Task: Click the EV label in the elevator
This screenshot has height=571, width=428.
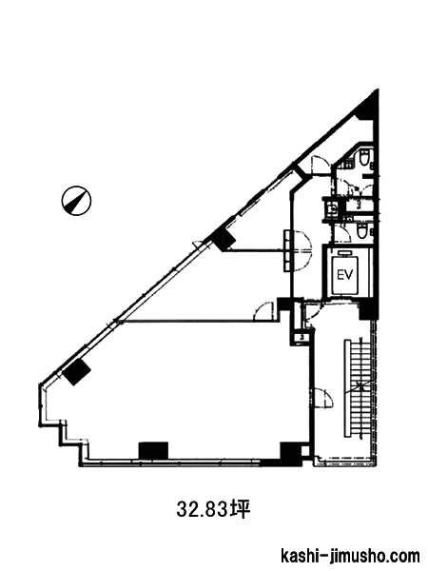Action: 345,275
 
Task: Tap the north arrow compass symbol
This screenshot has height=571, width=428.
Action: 76,201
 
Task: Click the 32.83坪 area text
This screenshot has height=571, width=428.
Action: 214,509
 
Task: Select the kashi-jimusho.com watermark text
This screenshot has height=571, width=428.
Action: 350,557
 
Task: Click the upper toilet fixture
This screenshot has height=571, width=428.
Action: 364,157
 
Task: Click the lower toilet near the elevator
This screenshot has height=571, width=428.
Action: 362,232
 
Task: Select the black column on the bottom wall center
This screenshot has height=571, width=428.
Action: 153,450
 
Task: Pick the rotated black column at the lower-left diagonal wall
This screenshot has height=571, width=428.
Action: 77,371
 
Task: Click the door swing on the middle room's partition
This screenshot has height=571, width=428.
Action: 264,310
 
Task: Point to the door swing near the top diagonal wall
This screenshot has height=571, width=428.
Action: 320,165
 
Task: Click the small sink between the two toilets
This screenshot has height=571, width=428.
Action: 332,209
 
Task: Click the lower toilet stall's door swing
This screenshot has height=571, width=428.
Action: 342,232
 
